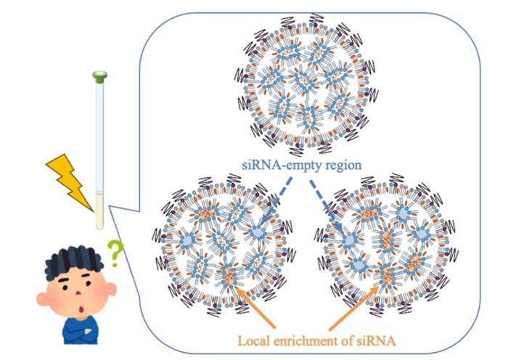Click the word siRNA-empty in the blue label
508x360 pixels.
281,165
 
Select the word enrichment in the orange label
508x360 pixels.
304,337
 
